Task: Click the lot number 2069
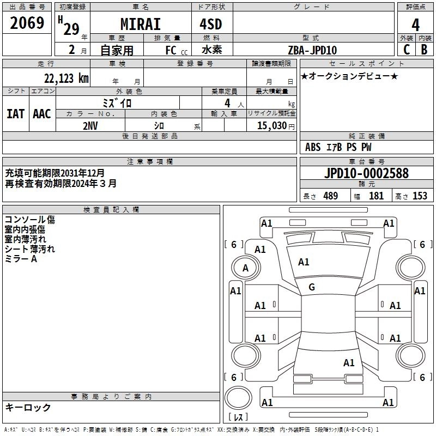click(27, 23)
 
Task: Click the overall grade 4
click(415, 25)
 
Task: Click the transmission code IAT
click(16, 113)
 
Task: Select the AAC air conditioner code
click(42, 113)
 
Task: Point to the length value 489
click(330, 196)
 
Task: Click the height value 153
click(420, 196)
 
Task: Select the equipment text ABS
click(313, 147)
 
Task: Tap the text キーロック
click(28, 407)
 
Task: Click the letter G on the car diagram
click(312, 287)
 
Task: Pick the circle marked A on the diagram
click(245, 268)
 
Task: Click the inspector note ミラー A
click(21, 259)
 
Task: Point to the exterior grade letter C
click(407, 50)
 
